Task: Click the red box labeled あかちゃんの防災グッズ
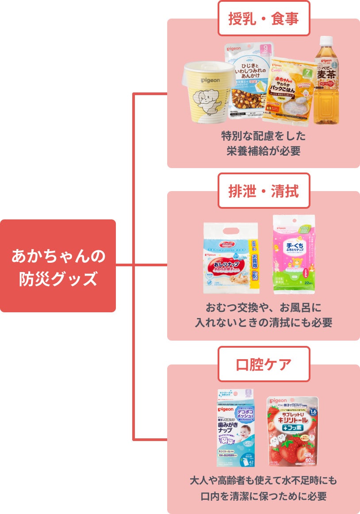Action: [x=58, y=266]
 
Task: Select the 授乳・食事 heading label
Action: [x=264, y=19]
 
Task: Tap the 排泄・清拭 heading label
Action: [x=264, y=191]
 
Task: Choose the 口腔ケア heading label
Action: [x=264, y=364]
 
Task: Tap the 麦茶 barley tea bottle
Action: [x=326, y=82]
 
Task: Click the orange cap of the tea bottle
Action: [x=326, y=41]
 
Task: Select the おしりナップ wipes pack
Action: [x=231, y=259]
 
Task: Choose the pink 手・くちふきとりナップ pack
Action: [x=294, y=254]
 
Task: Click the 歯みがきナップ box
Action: [x=235, y=428]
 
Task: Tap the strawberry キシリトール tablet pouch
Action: [x=292, y=431]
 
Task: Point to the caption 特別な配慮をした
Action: [x=264, y=135]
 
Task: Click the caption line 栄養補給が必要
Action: [x=264, y=151]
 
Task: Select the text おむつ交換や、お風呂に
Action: [x=264, y=307]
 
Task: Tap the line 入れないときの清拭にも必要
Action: [x=264, y=323]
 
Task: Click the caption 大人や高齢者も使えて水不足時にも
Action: [x=264, y=480]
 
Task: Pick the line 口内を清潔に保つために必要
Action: [x=264, y=496]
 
